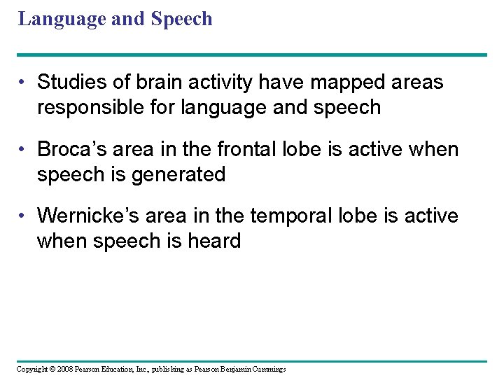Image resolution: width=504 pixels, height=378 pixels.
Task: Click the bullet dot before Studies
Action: coord(23,83)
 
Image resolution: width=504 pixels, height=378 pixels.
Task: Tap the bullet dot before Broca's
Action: coord(23,150)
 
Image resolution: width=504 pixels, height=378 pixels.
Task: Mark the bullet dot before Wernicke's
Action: coord(23,216)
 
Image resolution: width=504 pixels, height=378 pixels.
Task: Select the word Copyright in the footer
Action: coord(31,369)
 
